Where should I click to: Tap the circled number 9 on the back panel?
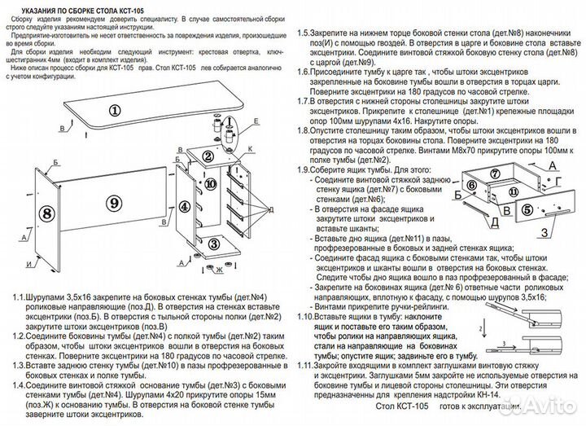pyautogui.click(x=114, y=201)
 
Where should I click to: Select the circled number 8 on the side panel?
pyautogui.click(x=46, y=213)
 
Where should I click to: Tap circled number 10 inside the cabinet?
pyautogui.click(x=188, y=185)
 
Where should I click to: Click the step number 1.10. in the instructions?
pyautogui.click(x=308, y=315)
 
